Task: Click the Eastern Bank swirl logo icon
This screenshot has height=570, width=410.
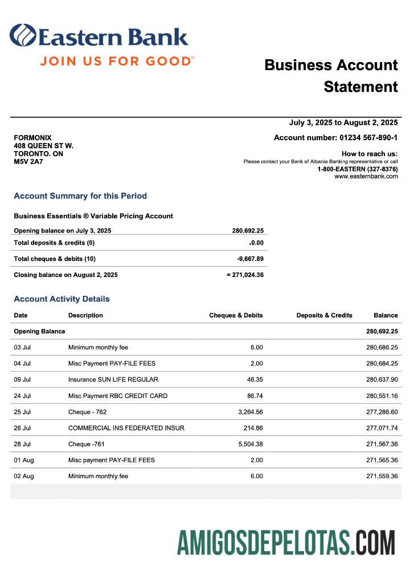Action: [x=22, y=35]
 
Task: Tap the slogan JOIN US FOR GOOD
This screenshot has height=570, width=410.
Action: [x=117, y=60]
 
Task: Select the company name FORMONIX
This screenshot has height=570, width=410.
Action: [x=32, y=138]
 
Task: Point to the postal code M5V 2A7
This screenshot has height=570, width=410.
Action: [x=28, y=161]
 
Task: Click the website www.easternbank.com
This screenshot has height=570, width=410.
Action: [x=366, y=176]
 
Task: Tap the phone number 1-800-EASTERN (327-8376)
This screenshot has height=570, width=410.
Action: [x=357, y=169]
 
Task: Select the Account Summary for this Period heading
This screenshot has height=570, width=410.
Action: [x=80, y=196]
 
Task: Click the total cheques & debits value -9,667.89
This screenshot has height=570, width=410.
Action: [x=250, y=259]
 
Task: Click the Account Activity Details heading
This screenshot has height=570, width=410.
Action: [x=61, y=299]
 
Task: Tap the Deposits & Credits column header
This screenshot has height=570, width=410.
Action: [x=324, y=315]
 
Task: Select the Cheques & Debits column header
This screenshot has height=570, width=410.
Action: [x=236, y=315]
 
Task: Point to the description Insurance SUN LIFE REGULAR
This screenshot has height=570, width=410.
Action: [x=113, y=379]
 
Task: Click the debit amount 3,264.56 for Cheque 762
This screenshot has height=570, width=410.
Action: [x=249, y=412]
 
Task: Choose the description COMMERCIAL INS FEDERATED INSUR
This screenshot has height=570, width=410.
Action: [x=126, y=427]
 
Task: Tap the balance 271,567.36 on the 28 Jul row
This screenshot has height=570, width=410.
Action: [x=382, y=443]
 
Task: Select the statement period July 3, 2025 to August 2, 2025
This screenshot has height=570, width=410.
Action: [x=343, y=123]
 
